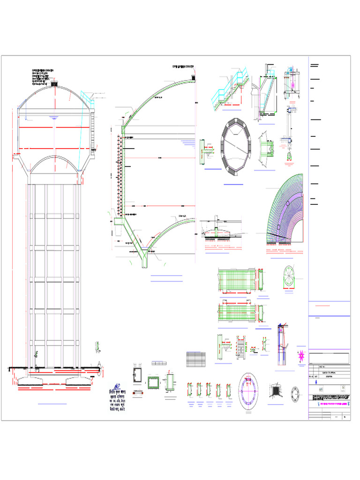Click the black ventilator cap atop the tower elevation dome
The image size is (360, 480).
point(55,84)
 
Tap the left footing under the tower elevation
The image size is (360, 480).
point(33,378)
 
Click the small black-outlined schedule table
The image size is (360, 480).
point(195,360)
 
